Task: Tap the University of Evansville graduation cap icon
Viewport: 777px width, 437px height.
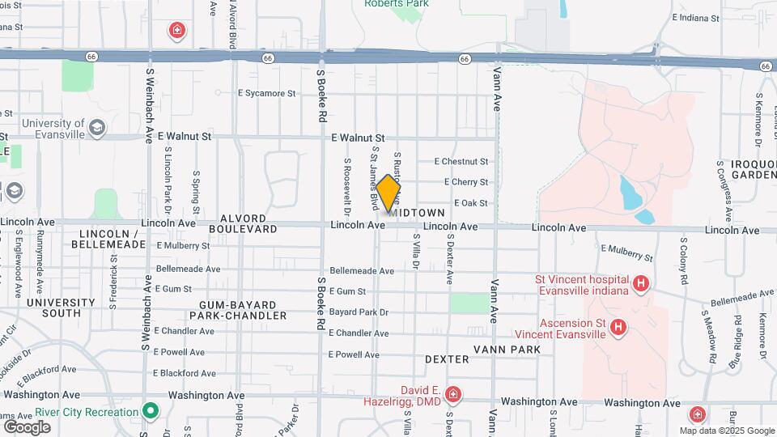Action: coord(97,128)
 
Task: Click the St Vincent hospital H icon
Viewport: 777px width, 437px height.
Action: coord(641,283)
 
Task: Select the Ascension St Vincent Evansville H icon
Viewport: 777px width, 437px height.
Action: coord(619,328)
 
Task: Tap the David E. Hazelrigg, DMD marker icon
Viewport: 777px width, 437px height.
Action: coord(453,395)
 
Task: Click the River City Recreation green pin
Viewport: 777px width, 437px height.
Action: coord(150,411)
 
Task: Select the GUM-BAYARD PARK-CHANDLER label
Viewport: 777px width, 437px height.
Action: coord(243,310)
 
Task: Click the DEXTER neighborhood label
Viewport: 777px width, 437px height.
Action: coord(447,359)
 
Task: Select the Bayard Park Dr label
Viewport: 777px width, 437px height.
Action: coord(359,312)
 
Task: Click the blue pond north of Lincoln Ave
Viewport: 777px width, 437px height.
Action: coord(630,194)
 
